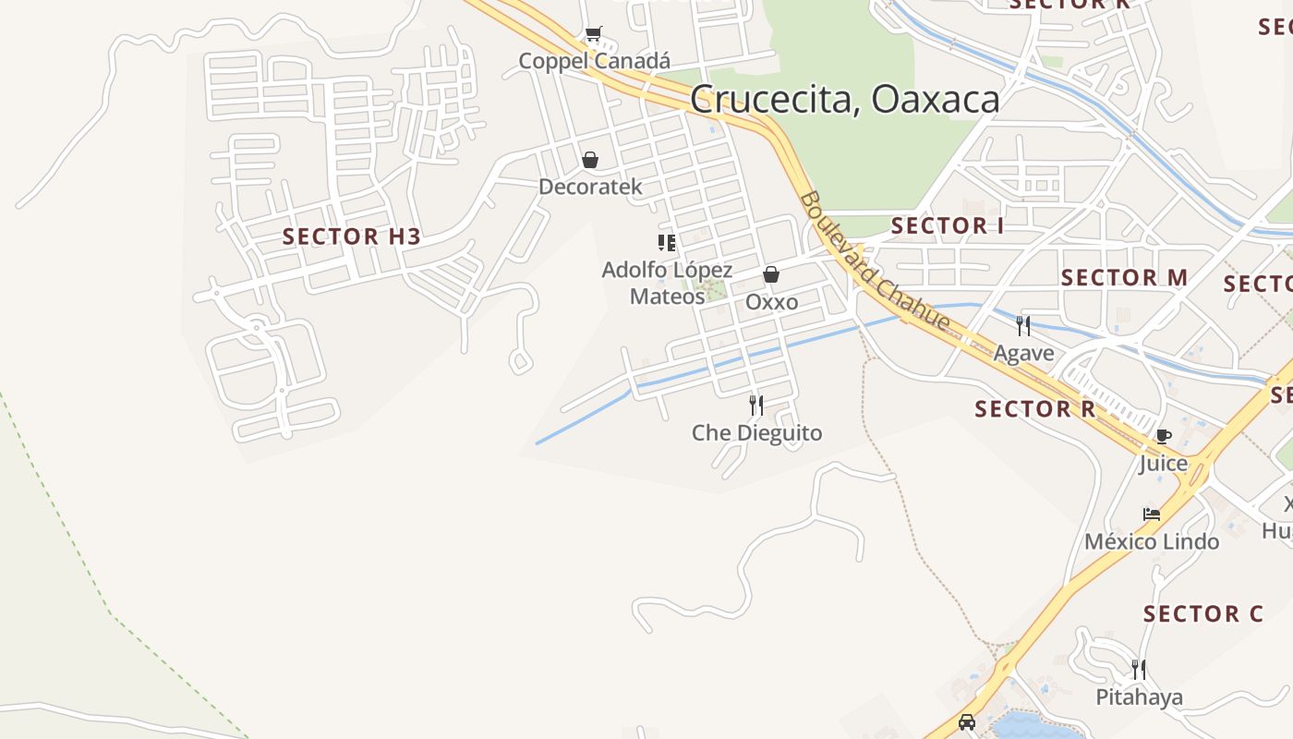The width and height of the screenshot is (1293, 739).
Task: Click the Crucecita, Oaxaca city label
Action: (x=844, y=100)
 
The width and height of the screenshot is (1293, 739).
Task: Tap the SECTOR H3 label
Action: (x=352, y=236)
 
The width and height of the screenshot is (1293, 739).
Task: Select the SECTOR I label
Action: (x=947, y=225)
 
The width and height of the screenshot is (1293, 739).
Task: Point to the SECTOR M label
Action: (x=1124, y=277)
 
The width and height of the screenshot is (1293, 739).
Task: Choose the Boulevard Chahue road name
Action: (x=875, y=261)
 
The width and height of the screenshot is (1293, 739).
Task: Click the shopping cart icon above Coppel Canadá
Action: (x=593, y=35)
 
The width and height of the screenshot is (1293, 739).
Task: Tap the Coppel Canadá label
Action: (x=594, y=61)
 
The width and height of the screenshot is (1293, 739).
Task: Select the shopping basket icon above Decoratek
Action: (x=590, y=160)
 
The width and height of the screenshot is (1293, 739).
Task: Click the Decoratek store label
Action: (x=590, y=187)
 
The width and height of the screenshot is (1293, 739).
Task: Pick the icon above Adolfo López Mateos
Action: (x=667, y=243)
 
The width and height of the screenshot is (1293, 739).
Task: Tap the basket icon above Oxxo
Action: (x=771, y=274)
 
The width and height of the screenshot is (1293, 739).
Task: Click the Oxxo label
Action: (x=771, y=302)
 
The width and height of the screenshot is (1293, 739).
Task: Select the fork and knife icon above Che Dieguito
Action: (x=755, y=405)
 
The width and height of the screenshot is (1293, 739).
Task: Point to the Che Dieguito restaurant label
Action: (x=756, y=432)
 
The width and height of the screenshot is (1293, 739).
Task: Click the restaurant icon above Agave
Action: (x=1023, y=325)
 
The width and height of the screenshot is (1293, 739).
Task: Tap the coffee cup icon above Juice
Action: (x=1163, y=436)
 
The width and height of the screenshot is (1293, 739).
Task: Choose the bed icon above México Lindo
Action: (x=1151, y=514)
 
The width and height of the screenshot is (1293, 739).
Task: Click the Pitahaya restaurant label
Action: (x=1139, y=697)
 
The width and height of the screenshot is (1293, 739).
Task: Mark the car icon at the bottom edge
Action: (x=967, y=722)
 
